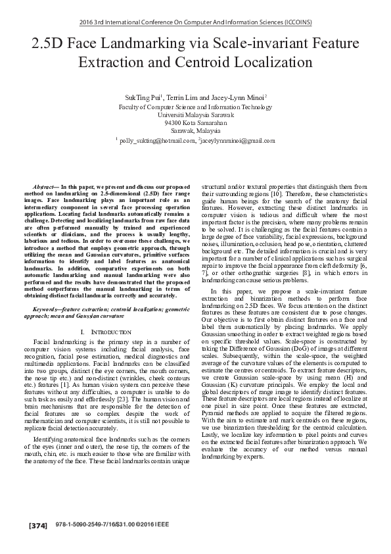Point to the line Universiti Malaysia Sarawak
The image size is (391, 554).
(195, 114)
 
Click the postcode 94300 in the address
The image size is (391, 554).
(173, 122)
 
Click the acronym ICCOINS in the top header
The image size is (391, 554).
(298, 21)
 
